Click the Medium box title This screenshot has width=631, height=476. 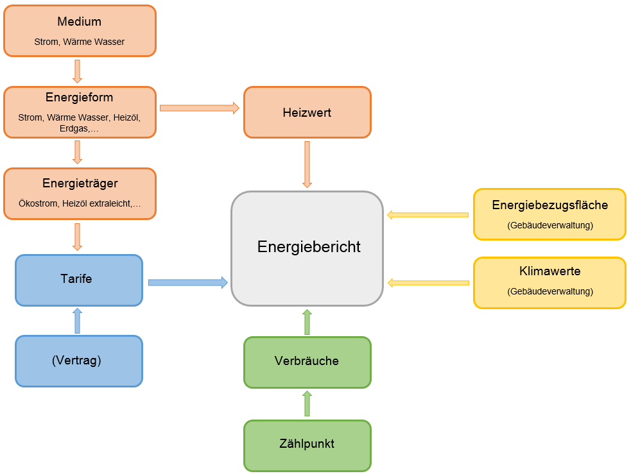[79, 22]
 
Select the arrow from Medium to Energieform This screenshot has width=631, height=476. [77, 71]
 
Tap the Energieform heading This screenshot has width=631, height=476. [79, 98]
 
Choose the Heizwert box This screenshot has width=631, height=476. [307, 113]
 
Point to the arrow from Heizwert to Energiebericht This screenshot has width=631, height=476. [307, 164]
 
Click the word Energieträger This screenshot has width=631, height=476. [80, 183]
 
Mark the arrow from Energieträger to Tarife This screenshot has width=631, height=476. [77, 236]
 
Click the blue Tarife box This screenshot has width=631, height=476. [78, 280]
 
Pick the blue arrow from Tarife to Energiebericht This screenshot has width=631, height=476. [187, 282]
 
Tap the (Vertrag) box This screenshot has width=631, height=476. [78, 361]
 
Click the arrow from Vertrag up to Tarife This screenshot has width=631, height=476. [78, 321]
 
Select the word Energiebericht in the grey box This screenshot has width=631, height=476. [309, 247]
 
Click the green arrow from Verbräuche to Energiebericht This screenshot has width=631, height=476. [307, 321]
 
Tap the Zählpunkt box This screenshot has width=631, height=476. [307, 444]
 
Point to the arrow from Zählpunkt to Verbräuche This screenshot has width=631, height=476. [307, 404]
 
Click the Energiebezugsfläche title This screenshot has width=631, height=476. [549, 206]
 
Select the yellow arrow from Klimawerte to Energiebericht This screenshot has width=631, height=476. [428, 283]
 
